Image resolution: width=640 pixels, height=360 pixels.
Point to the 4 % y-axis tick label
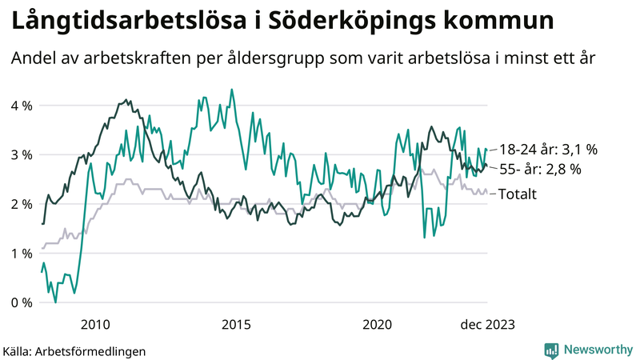coord(22,106)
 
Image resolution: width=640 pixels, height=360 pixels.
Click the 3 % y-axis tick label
coord(22,155)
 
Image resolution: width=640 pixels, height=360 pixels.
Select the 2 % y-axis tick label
coord(22,204)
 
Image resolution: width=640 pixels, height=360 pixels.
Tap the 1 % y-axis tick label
coord(22,254)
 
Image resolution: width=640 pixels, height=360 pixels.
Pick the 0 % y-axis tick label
coord(22,302)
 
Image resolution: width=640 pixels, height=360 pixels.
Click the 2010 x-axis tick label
coord(95,324)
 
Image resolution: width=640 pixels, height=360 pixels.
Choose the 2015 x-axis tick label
coord(236,324)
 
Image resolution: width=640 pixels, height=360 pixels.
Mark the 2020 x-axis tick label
coord(377,324)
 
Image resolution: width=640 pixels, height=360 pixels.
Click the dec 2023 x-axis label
coord(487,324)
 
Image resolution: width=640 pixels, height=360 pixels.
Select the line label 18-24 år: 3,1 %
coord(549,150)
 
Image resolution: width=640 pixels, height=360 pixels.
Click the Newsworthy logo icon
coord(551,350)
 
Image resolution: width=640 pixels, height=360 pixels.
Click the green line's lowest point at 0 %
coord(55,302)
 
